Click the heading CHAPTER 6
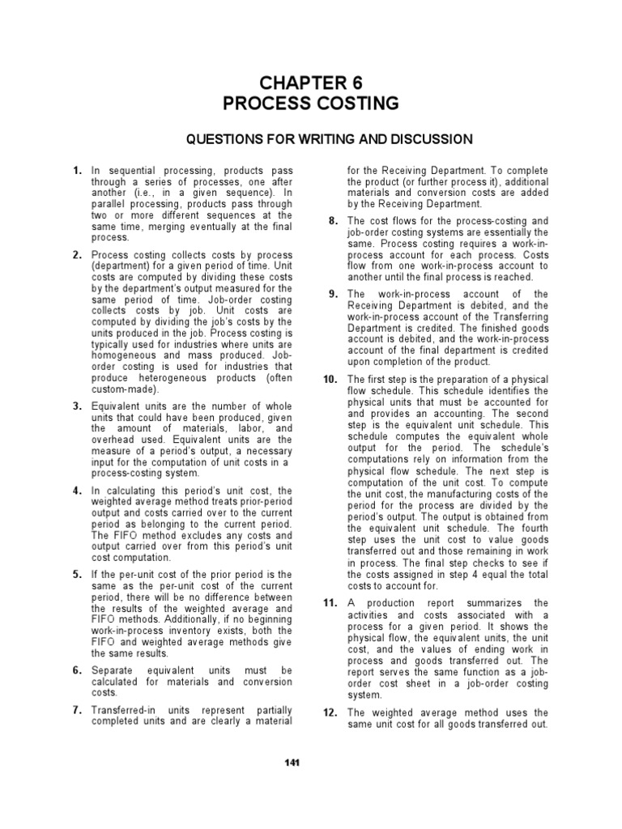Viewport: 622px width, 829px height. coord(311,83)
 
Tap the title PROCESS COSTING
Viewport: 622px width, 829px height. coord(311,104)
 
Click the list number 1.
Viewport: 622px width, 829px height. coord(77,171)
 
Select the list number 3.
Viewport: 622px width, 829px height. coord(77,406)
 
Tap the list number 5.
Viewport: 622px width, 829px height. coord(77,574)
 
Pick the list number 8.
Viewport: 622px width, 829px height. coord(334,221)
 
